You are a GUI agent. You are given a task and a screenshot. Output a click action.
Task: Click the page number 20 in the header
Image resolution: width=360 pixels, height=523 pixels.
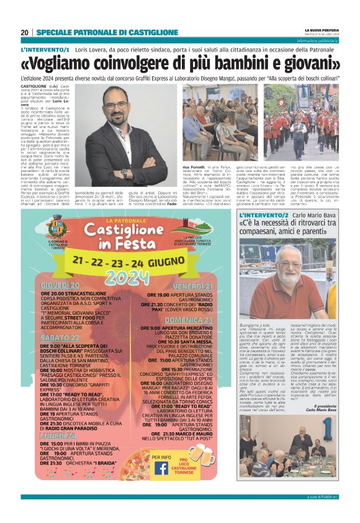(25, 33)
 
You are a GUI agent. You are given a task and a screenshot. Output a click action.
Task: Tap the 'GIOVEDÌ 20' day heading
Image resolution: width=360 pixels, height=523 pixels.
(60, 284)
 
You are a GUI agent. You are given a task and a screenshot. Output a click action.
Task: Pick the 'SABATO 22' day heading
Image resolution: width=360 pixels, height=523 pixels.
(57, 337)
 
